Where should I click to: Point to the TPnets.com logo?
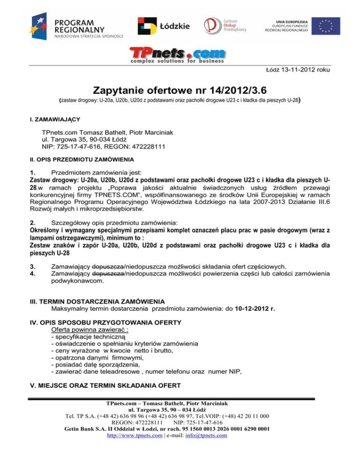[178, 55]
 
